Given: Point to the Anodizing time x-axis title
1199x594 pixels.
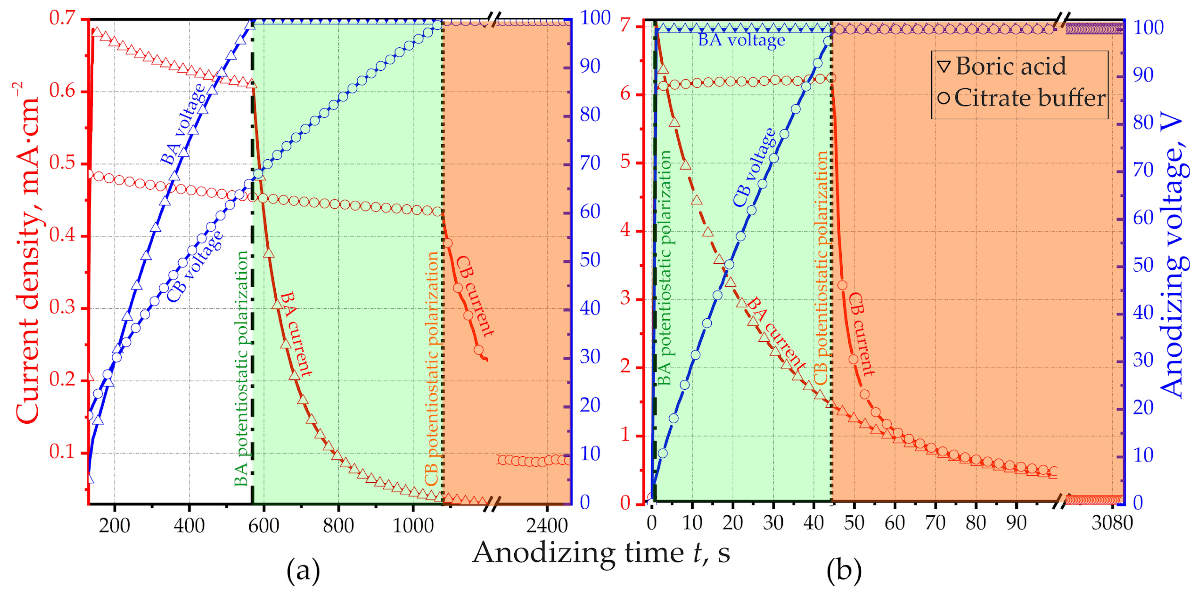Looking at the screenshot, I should click(x=601, y=553).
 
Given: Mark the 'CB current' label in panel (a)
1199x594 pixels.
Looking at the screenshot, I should click(x=474, y=296).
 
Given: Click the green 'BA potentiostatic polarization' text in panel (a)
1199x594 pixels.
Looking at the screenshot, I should click(x=242, y=368).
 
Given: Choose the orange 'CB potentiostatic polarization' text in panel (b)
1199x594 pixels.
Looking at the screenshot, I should click(x=821, y=268).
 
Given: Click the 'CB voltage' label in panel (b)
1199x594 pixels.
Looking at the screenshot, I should click(x=754, y=168).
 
